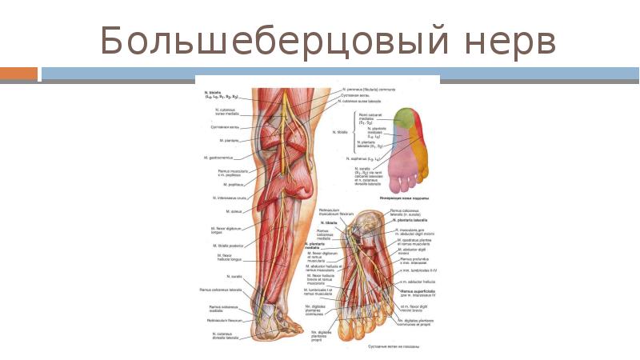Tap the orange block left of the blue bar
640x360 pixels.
click(18, 74)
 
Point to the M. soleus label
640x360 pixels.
click(234, 211)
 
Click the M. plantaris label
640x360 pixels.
click(231, 141)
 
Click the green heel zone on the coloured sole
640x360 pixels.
click(406, 117)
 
